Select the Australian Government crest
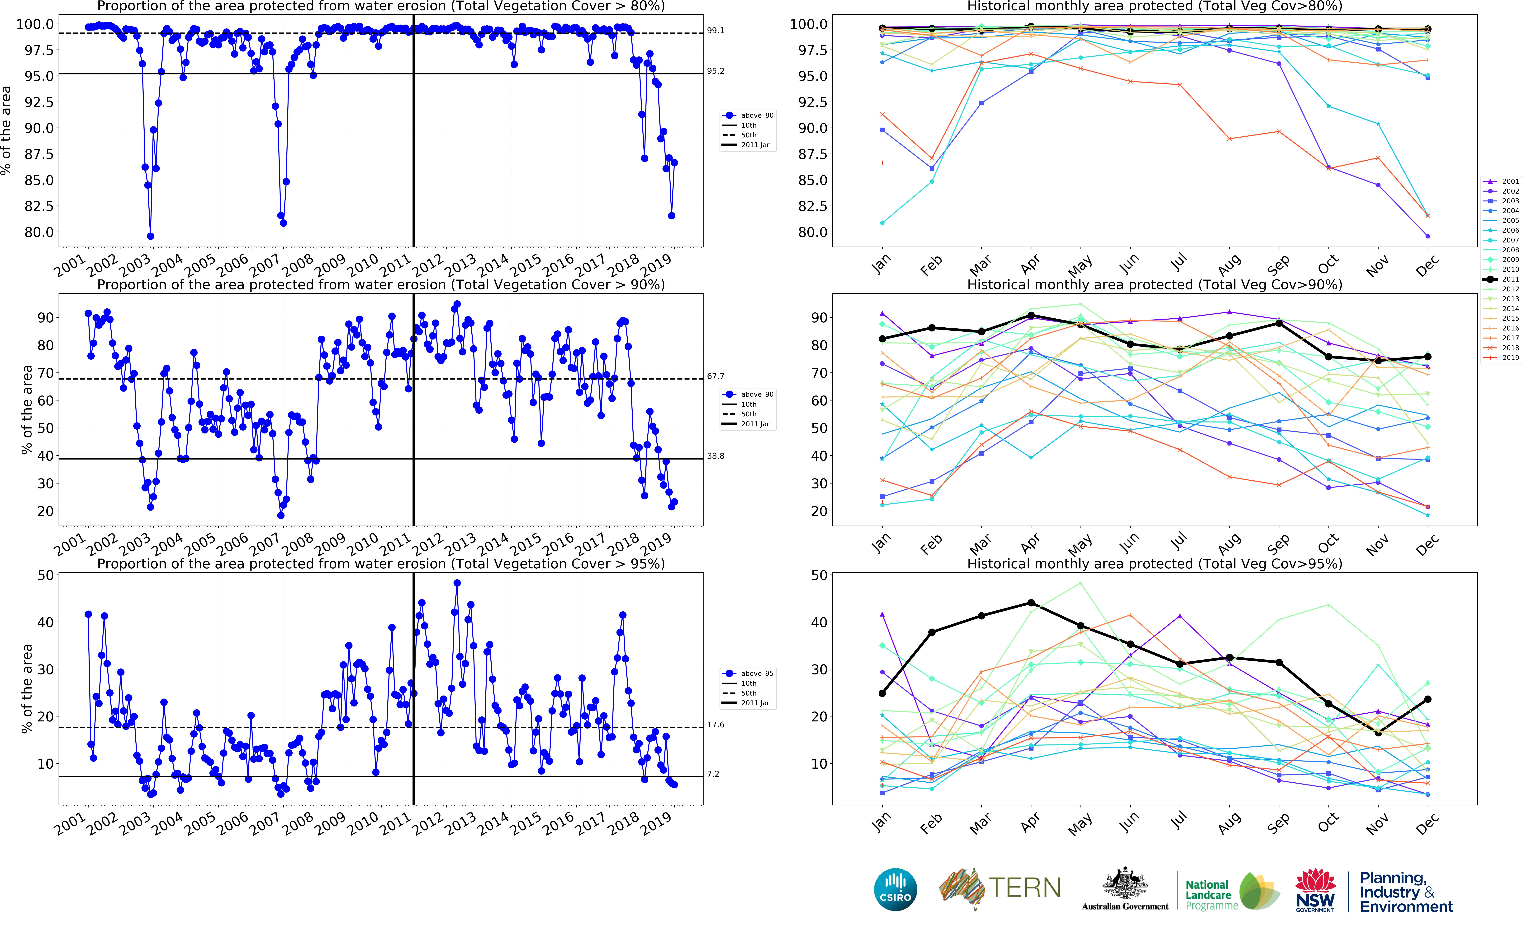point(1125,884)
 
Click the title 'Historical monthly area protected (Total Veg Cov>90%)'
point(1154,285)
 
